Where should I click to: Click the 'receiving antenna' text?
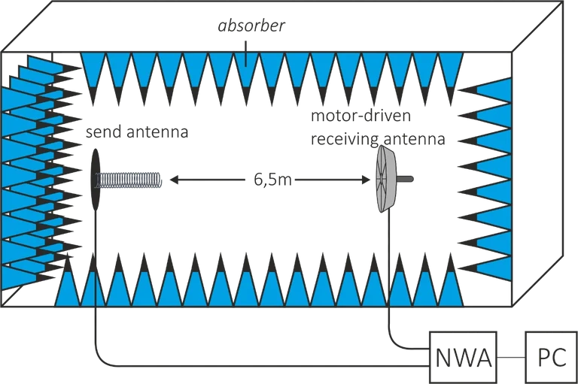coord(377,140)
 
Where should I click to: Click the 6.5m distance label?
coord(272,180)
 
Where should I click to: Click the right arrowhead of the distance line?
coord(368,180)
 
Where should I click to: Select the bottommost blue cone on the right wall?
coord(490,264)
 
